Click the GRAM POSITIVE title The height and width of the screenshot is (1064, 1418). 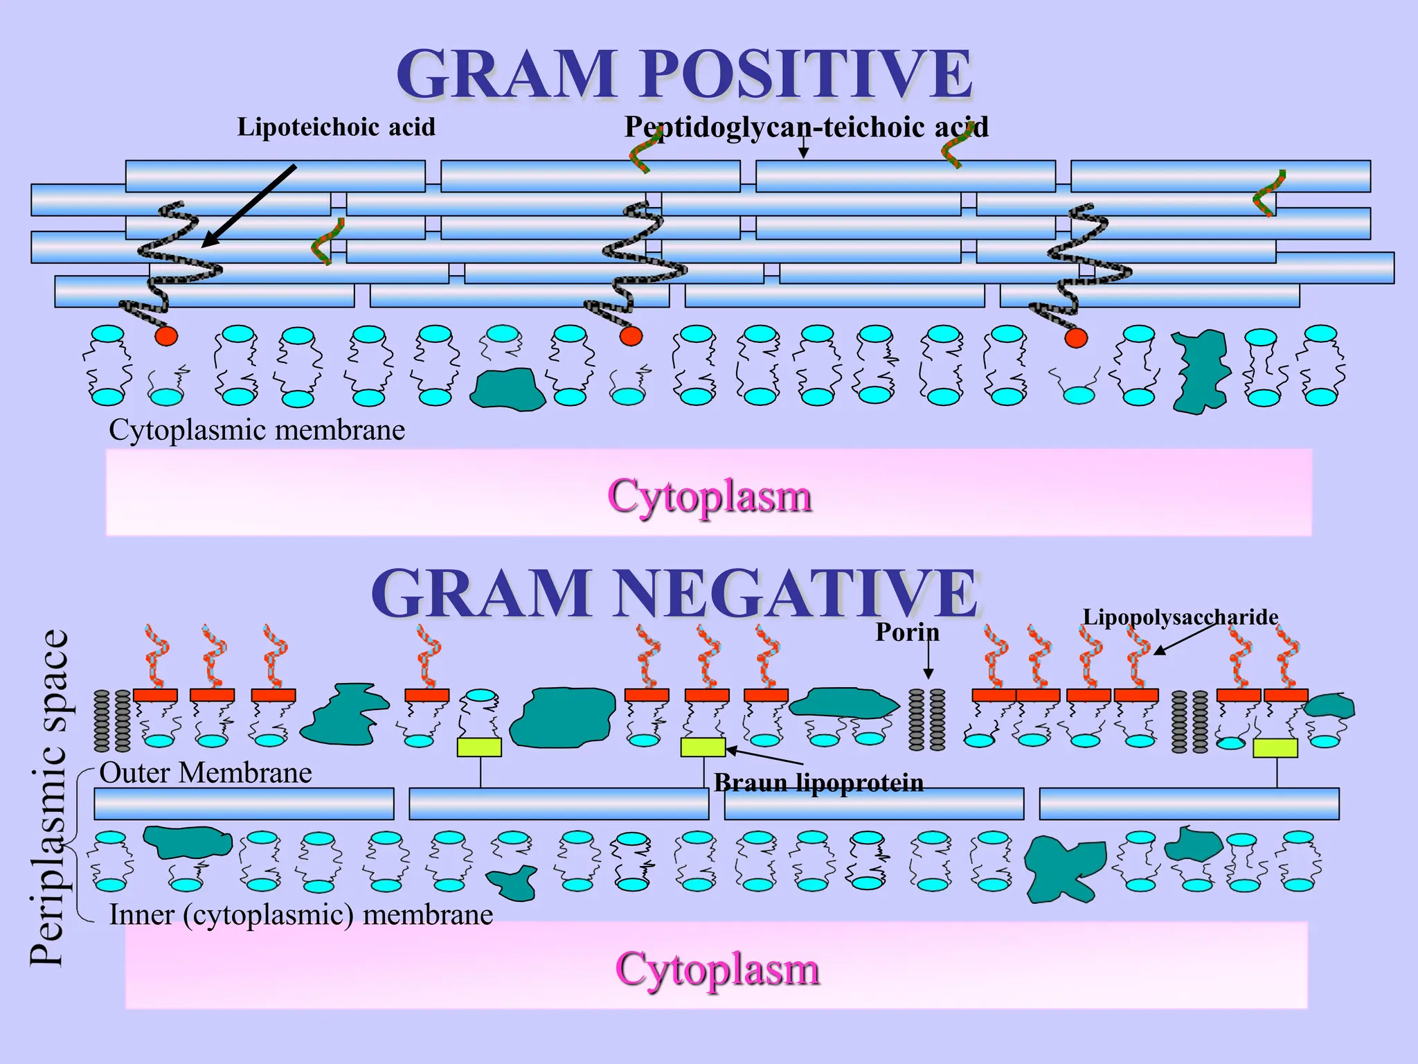pyautogui.click(x=684, y=74)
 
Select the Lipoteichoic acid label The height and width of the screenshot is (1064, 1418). pyautogui.click(x=336, y=127)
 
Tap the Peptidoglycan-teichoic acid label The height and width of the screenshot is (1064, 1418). pyautogui.click(x=806, y=127)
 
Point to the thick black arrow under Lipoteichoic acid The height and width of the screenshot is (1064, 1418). pyautogui.click(x=249, y=206)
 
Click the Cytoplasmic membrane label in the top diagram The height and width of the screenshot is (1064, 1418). pyautogui.click(x=257, y=430)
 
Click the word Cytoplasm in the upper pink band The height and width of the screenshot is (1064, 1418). pyautogui.click(x=709, y=496)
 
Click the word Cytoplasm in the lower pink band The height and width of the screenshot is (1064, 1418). pyautogui.click(x=717, y=968)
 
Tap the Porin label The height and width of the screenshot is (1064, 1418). pyautogui.click(x=907, y=632)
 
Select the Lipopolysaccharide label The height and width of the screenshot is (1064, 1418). pyautogui.click(x=1180, y=617)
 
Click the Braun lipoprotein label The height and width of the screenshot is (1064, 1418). pyautogui.click(x=818, y=783)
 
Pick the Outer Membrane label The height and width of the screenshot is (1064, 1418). pyautogui.click(x=206, y=772)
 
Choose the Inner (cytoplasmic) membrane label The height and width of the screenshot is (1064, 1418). pyautogui.click(x=301, y=915)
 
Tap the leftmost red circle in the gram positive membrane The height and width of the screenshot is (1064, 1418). pyautogui.click(x=166, y=337)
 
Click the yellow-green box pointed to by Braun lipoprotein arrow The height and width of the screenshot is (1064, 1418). pyautogui.click(x=703, y=747)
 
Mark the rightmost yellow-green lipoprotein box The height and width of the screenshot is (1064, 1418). pyautogui.click(x=1275, y=747)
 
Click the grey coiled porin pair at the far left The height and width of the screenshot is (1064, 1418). pyautogui.click(x=112, y=720)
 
